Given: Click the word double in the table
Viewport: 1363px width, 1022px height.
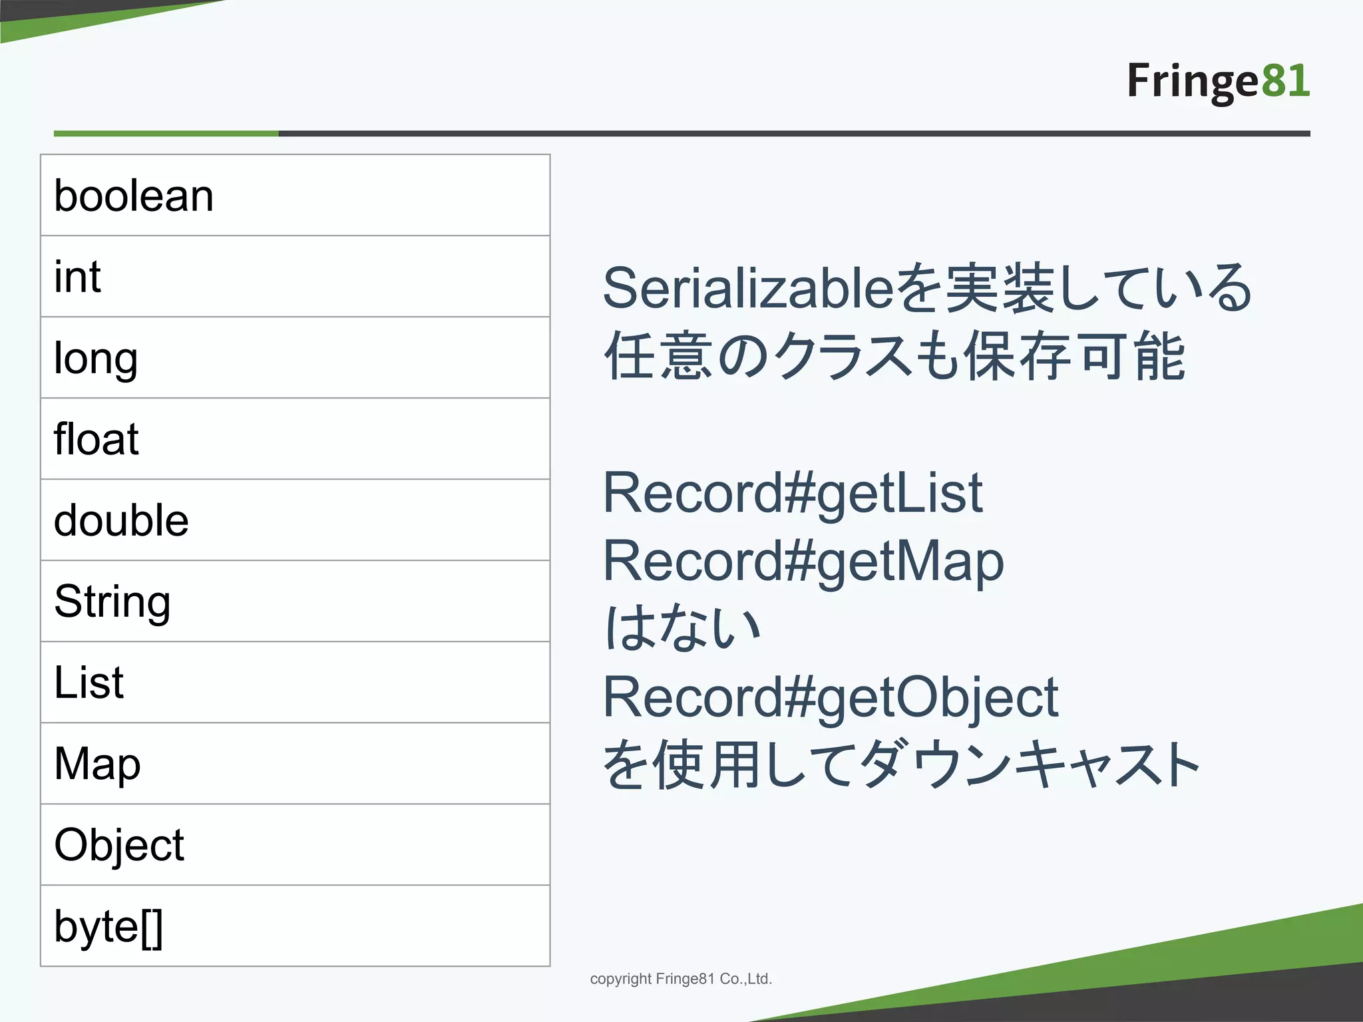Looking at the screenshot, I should point(121,520).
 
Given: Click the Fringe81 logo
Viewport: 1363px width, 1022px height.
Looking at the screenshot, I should point(1218,81).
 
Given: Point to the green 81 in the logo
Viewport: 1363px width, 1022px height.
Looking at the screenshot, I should point(1285,81).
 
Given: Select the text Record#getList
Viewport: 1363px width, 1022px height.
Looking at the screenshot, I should point(792,493).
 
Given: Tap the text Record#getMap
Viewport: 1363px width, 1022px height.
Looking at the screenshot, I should point(803,562).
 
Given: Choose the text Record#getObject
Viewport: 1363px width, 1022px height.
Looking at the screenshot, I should point(830,697).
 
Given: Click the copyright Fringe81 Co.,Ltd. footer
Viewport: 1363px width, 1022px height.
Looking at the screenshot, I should point(681,979).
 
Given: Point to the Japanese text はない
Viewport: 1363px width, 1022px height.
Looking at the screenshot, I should point(682,629).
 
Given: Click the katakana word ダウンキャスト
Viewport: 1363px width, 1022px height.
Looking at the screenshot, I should point(1030,765).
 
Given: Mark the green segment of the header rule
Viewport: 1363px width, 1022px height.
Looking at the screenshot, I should point(166,134).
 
